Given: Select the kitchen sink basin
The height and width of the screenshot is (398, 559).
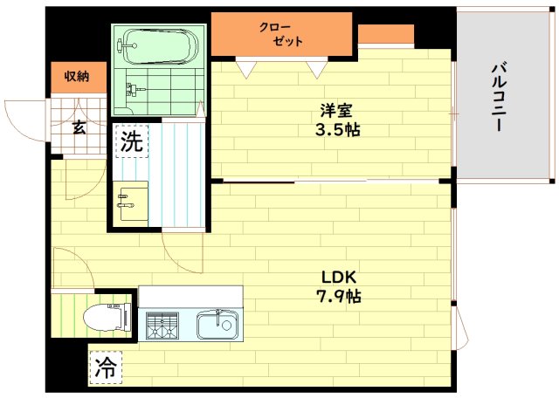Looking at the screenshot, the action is click(x=217, y=324).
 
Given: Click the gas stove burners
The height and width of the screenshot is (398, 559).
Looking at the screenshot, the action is click(x=162, y=325).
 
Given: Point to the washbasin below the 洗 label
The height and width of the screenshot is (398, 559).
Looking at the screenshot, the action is click(x=130, y=202).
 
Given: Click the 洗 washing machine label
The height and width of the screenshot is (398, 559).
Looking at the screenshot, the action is click(x=132, y=141).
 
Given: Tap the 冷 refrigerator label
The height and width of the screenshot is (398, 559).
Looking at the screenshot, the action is click(x=106, y=367).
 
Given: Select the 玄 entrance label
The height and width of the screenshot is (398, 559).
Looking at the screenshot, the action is click(x=79, y=127).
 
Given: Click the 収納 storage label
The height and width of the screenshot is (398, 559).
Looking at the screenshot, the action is click(x=77, y=76).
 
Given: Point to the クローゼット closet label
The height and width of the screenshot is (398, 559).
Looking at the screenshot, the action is click(x=280, y=35).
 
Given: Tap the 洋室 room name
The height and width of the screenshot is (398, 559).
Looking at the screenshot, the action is click(x=336, y=111).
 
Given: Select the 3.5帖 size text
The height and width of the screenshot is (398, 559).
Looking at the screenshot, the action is click(x=337, y=130).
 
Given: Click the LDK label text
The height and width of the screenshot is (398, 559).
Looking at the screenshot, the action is click(x=339, y=277).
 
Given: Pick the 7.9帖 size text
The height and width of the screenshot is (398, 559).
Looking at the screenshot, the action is click(x=338, y=296).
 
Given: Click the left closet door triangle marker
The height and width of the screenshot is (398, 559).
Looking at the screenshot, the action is click(x=246, y=70).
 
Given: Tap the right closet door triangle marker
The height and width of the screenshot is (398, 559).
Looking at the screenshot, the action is click(x=317, y=70).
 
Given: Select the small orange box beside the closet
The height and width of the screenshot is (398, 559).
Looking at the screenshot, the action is click(x=386, y=34).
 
